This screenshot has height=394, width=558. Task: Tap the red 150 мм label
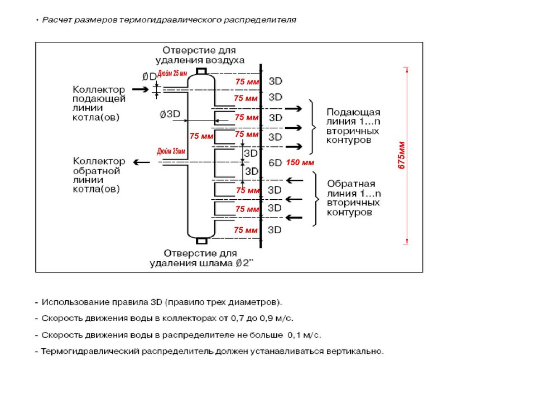pyautogui.click(x=300, y=163)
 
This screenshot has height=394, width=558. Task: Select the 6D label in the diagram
pyautogui.click(x=275, y=163)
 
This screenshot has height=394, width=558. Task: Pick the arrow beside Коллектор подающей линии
pyautogui.click(x=139, y=89)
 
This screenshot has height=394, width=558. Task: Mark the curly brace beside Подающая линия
pyautogui.click(x=313, y=127)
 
